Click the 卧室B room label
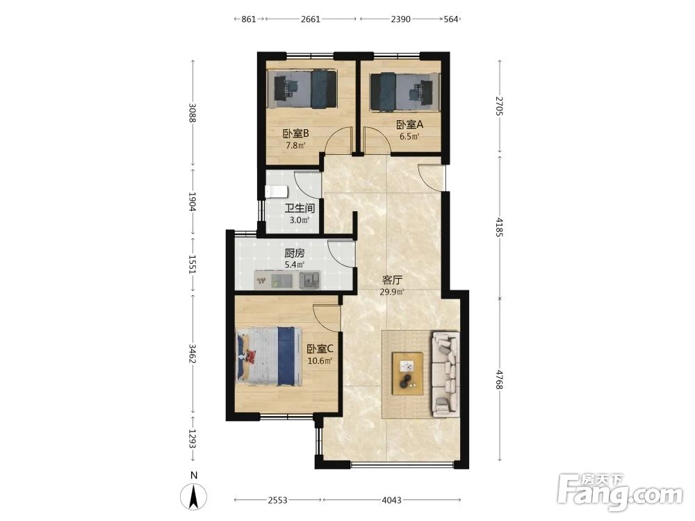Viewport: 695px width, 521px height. click(295, 133)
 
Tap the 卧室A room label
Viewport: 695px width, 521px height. click(409, 124)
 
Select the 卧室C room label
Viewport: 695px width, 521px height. click(320, 349)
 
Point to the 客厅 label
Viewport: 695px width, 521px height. click(392, 281)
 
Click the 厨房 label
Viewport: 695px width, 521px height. click(294, 254)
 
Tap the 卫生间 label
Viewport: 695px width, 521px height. click(300, 208)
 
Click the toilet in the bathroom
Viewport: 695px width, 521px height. click(276, 192)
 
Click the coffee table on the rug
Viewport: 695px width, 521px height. click(407, 373)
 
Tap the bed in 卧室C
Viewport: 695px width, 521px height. click(269, 356)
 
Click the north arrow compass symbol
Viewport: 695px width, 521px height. click(194, 496)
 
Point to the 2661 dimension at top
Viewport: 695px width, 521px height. click(310, 19)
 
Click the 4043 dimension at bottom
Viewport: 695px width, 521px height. click(391, 500)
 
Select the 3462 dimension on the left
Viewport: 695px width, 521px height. click(193, 354)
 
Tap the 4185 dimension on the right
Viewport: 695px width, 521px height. click(500, 227)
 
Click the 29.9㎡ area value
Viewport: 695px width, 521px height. click(392, 292)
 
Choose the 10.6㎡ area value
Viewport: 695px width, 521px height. click(320, 361)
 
